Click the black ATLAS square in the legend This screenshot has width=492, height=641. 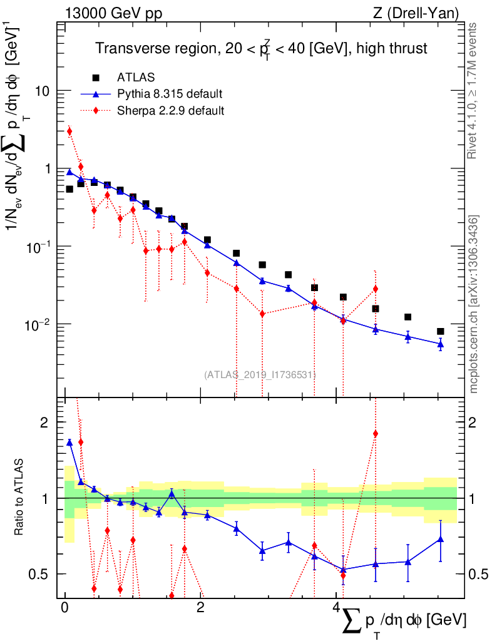click(x=96, y=78)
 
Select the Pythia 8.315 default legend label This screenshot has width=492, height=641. click(x=170, y=95)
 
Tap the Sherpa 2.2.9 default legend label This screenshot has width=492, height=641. click(x=171, y=111)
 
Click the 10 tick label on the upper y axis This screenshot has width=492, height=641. click(x=41, y=91)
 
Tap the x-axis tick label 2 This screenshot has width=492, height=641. click(x=200, y=608)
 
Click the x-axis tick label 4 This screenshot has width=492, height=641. click(x=336, y=608)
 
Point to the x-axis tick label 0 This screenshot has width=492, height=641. click(x=64, y=608)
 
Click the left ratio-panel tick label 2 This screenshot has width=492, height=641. click(x=44, y=423)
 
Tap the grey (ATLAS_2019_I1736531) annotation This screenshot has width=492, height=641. click(x=260, y=374)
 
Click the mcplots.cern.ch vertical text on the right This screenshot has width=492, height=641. click(x=474, y=304)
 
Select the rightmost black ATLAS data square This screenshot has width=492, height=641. click(x=441, y=331)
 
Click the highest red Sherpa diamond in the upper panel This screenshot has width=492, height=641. click(x=69, y=131)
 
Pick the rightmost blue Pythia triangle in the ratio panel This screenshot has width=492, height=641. click(x=441, y=539)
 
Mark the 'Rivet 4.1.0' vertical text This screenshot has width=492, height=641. click(x=474, y=91)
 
